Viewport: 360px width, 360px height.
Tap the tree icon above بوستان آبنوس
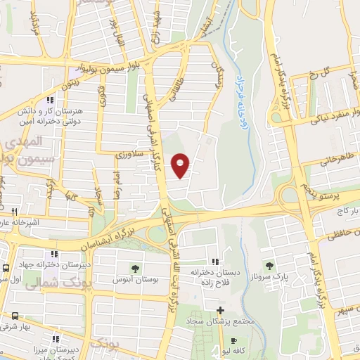[134, 268]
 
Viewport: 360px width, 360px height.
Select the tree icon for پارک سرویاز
[269, 266]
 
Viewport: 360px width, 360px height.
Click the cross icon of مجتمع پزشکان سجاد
[220, 310]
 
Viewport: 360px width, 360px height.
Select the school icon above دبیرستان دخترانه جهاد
[53, 254]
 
